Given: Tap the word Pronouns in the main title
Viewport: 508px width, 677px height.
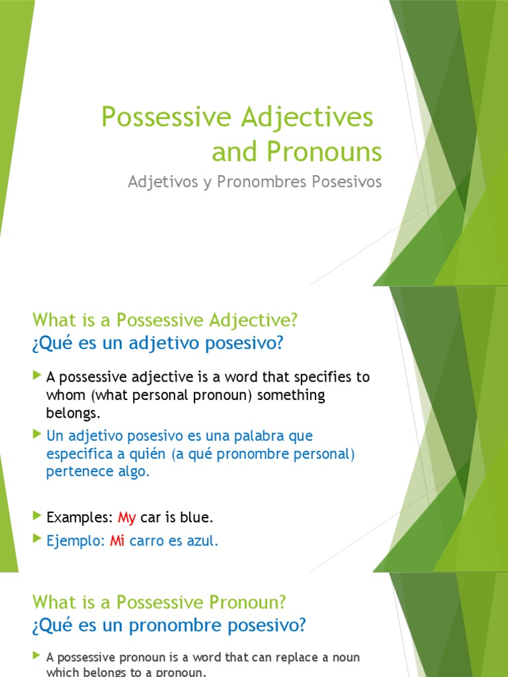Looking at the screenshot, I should (x=325, y=152).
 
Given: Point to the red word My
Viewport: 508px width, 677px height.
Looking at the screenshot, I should (x=126, y=517).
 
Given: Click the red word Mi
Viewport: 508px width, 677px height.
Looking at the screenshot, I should (x=117, y=541).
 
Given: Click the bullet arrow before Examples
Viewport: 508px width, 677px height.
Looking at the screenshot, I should (x=36, y=516).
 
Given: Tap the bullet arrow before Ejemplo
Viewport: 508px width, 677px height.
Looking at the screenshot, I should (x=36, y=539).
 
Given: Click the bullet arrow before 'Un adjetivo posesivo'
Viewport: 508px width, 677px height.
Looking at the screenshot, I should (x=36, y=434).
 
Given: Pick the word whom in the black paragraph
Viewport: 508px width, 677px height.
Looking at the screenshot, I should (x=62, y=395).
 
